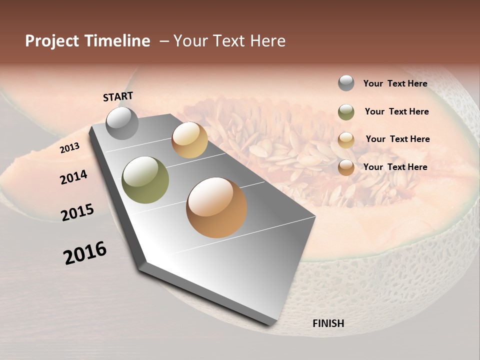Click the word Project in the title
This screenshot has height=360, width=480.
50,41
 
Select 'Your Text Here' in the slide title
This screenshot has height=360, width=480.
229,41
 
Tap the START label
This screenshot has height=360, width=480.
118,96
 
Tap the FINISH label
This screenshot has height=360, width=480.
328,323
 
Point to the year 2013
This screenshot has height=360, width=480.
70,148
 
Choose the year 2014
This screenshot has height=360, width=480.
73,177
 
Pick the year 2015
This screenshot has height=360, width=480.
77,212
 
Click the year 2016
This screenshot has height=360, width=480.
85,253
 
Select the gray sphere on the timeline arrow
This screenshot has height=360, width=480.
122,123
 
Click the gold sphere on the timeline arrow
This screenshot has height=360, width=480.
189,140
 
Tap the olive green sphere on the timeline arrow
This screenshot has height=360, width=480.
145,180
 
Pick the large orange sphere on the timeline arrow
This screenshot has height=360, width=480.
216,207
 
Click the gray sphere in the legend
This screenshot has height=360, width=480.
346,83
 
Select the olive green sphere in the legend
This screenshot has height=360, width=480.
346,112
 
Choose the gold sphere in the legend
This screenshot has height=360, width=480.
346,139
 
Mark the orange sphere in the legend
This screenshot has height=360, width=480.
346,167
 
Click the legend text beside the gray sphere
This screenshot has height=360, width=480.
395,84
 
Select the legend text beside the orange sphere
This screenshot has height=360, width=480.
395,167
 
